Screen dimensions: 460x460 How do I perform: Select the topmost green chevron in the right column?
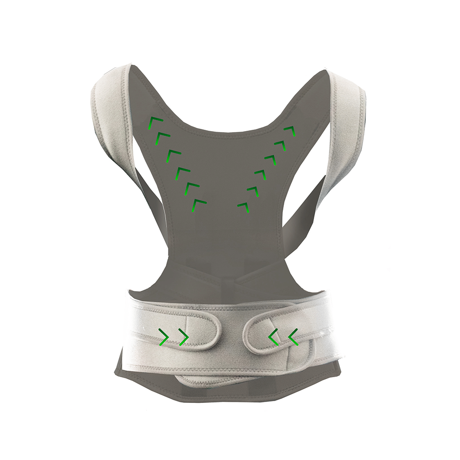pyautogui.click(x=290, y=131)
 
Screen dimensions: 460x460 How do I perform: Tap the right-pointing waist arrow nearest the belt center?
pyautogui.click(x=183, y=337)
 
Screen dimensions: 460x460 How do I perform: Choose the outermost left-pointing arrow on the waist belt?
pyautogui.click(x=293, y=337)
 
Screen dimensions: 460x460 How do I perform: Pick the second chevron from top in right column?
pyautogui.click(x=281, y=144)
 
